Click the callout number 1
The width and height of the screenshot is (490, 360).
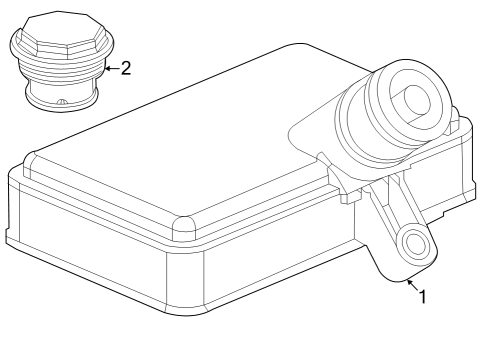(423, 297)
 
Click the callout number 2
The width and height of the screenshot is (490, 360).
(125, 68)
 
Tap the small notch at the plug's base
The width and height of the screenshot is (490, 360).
(62, 102)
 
